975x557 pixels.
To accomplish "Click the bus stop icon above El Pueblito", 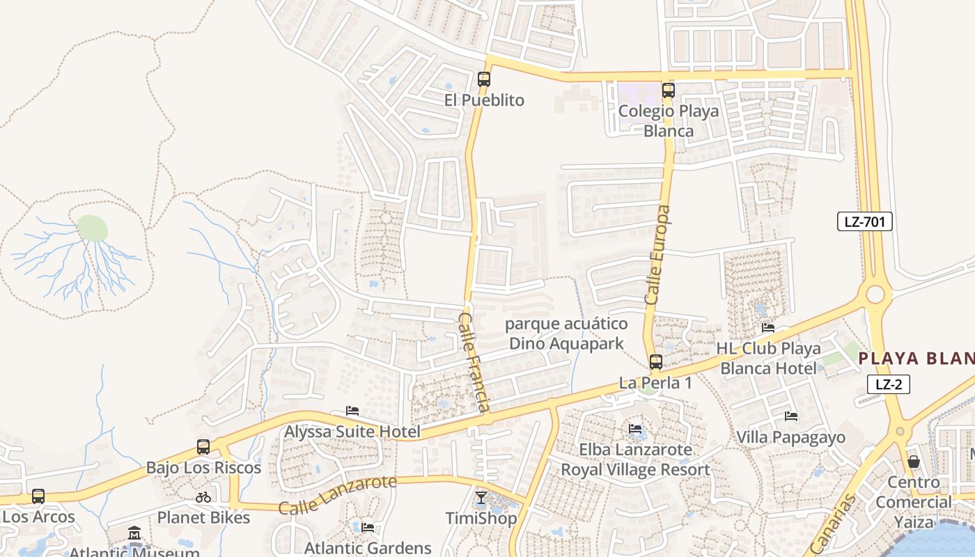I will pyautogui.click(x=484, y=79).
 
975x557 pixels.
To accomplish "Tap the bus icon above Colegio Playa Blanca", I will pyautogui.click(x=668, y=90).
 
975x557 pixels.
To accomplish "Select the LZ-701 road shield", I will pyautogui.click(x=864, y=222).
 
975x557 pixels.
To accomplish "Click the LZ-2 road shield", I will pyautogui.click(x=889, y=384).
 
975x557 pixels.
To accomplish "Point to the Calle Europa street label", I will pyautogui.click(x=658, y=255).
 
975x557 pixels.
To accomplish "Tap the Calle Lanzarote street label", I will pyautogui.click(x=338, y=494).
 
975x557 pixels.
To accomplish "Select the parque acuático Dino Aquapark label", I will pyautogui.click(x=566, y=334).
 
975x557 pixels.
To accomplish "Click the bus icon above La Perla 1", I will pyautogui.click(x=655, y=362).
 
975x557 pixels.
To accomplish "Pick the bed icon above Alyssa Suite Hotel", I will pyautogui.click(x=352, y=411).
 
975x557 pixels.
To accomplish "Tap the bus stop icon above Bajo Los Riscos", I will pyautogui.click(x=203, y=447).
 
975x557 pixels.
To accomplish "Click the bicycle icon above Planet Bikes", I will pyautogui.click(x=203, y=497).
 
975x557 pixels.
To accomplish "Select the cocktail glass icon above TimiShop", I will pyautogui.click(x=481, y=497).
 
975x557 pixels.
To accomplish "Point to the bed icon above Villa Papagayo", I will pyautogui.click(x=791, y=416).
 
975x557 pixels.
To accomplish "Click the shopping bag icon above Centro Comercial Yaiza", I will pyautogui.click(x=914, y=462).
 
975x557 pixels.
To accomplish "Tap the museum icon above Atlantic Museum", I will pyautogui.click(x=134, y=533).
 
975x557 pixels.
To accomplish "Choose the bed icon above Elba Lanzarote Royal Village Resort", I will pyautogui.click(x=636, y=429).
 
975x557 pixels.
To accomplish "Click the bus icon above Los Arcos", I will pyautogui.click(x=38, y=496).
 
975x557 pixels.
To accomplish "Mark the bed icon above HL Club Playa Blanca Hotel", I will pyautogui.click(x=768, y=327).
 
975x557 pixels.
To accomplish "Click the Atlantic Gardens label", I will pyautogui.click(x=368, y=548).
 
